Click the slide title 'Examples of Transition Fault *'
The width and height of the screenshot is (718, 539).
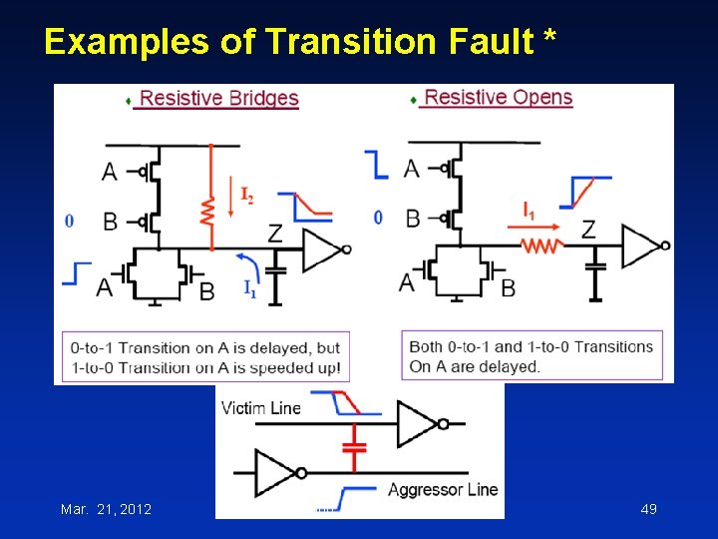click(x=299, y=42)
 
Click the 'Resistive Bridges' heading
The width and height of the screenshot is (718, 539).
click(x=219, y=98)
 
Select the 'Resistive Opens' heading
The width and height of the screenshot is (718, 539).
click(x=498, y=97)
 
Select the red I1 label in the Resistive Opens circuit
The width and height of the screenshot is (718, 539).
click(x=529, y=210)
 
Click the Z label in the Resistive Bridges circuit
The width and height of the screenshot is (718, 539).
click(x=276, y=234)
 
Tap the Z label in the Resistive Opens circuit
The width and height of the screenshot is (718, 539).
click(x=588, y=231)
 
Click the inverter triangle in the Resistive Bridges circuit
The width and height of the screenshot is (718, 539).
click(x=322, y=250)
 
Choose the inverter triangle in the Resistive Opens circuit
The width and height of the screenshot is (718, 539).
click(x=641, y=246)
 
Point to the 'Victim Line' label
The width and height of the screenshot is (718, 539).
click(x=260, y=407)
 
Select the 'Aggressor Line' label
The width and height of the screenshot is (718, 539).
click(x=442, y=489)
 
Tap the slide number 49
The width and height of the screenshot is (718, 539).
click(x=648, y=509)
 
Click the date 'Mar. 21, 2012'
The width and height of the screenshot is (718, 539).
click(x=106, y=509)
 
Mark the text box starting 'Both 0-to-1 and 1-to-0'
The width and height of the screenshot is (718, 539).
click(x=532, y=356)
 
